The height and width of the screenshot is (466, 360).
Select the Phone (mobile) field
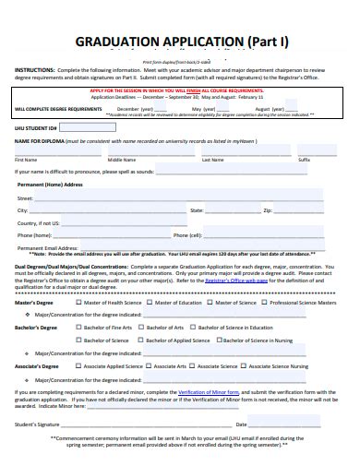click(x=102, y=234)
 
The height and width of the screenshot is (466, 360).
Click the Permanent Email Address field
click(x=120, y=246)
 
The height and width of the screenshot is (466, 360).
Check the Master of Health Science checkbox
click(x=78, y=302)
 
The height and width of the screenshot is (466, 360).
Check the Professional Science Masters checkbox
click(x=267, y=302)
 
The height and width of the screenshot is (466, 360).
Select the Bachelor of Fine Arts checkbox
click(x=78, y=327)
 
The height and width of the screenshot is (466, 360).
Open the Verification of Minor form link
click(x=208, y=391)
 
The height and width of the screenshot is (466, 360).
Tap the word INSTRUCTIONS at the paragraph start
click(x=33, y=68)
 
